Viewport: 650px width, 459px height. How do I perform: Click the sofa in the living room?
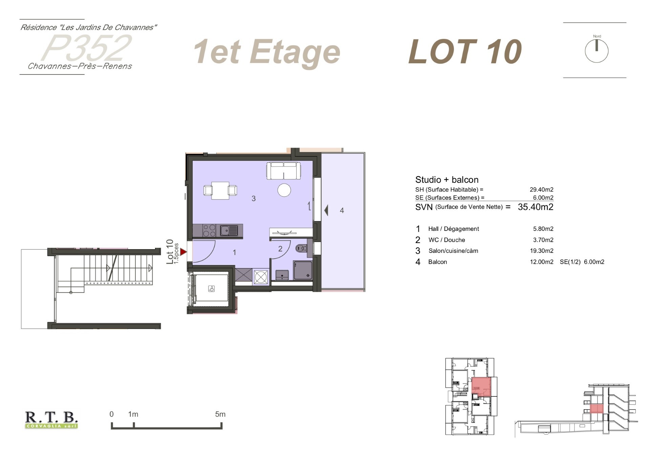[x=283, y=171]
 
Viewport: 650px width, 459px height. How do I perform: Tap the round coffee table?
[x=284, y=190]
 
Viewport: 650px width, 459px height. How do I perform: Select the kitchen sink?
[x=229, y=231]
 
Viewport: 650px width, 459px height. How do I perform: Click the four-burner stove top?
[x=209, y=231]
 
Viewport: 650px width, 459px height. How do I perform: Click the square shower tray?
[x=302, y=270]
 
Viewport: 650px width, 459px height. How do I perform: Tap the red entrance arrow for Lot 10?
[x=183, y=252]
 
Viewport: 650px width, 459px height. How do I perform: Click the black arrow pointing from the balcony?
[x=326, y=210]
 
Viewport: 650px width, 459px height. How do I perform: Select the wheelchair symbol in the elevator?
[x=211, y=289]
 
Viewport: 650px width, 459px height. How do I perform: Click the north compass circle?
[x=597, y=51]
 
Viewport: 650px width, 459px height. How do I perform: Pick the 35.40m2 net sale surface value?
[x=536, y=207]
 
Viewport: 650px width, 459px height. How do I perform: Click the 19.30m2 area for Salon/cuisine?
[x=542, y=251]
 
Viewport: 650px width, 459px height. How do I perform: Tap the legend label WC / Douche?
[x=447, y=240]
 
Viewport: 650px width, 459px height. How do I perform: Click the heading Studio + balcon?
[x=447, y=180]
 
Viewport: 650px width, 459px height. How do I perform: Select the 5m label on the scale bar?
[x=220, y=414]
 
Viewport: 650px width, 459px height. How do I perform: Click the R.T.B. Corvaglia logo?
[x=51, y=420]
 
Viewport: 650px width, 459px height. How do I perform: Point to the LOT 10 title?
[x=465, y=51]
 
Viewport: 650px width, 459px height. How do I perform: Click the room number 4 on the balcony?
[x=342, y=211]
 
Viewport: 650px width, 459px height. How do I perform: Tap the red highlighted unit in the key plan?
[x=481, y=387]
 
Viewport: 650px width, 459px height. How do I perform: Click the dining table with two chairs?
[x=220, y=190]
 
